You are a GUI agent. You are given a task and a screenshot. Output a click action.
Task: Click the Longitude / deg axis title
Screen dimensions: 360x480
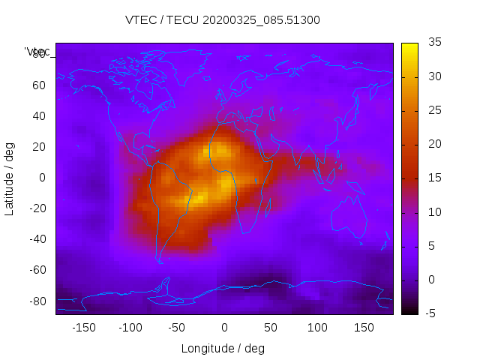(223, 349)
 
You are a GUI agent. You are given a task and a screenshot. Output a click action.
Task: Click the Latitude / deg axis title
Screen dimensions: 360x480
(10, 178)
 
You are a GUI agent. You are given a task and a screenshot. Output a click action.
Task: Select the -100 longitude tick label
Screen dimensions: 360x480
(130, 328)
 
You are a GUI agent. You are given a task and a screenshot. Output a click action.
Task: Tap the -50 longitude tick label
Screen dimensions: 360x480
(177, 328)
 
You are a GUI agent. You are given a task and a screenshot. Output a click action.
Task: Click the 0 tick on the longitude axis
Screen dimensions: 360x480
(223, 328)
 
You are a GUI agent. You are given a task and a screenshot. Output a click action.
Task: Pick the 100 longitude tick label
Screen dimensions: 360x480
(317, 328)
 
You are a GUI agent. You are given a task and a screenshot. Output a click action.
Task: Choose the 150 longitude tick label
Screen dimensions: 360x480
(364, 328)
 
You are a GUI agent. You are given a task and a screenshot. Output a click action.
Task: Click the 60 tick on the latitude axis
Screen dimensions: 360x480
(40, 85)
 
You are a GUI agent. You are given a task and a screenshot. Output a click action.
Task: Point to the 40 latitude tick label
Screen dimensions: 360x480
(40, 115)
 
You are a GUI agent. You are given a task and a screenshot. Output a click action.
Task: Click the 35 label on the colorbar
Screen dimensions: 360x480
(432, 43)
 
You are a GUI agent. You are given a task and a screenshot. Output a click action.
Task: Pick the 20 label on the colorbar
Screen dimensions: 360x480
(432, 144)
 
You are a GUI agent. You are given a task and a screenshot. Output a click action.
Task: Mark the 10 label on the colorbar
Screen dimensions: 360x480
(432, 212)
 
